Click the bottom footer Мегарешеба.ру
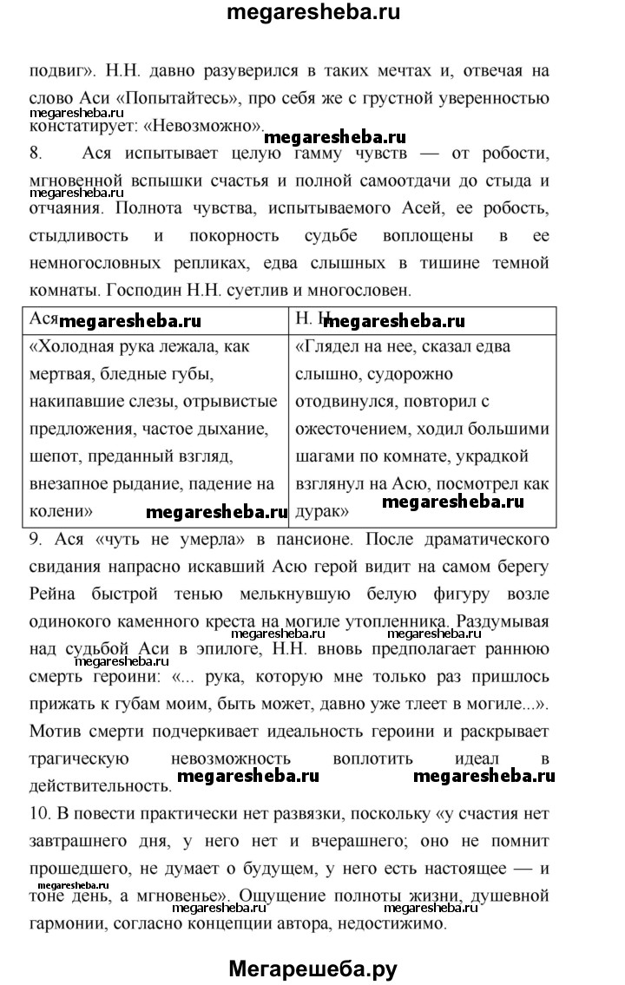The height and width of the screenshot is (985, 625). point(313,966)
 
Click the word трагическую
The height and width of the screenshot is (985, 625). point(80,733)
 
